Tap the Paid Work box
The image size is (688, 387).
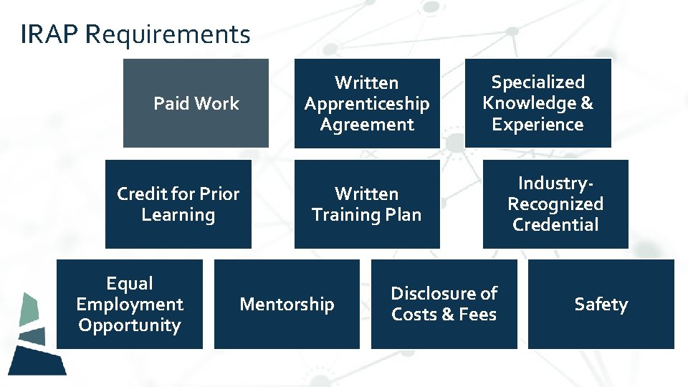(196, 103)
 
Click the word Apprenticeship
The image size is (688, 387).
(367, 103)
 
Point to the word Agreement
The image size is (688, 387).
(367, 124)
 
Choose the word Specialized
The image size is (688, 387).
(537, 82)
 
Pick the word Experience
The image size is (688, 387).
(537, 124)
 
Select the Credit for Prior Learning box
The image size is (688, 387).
(178, 204)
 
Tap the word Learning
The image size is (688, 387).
(178, 214)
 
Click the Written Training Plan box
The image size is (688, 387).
(367, 204)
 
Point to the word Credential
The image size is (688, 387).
(555, 224)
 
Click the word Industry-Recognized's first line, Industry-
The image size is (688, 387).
(555, 183)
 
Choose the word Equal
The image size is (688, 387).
(130, 283)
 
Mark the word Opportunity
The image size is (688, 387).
(130, 325)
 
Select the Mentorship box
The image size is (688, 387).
(287, 304)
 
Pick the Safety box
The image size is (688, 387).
(601, 304)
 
